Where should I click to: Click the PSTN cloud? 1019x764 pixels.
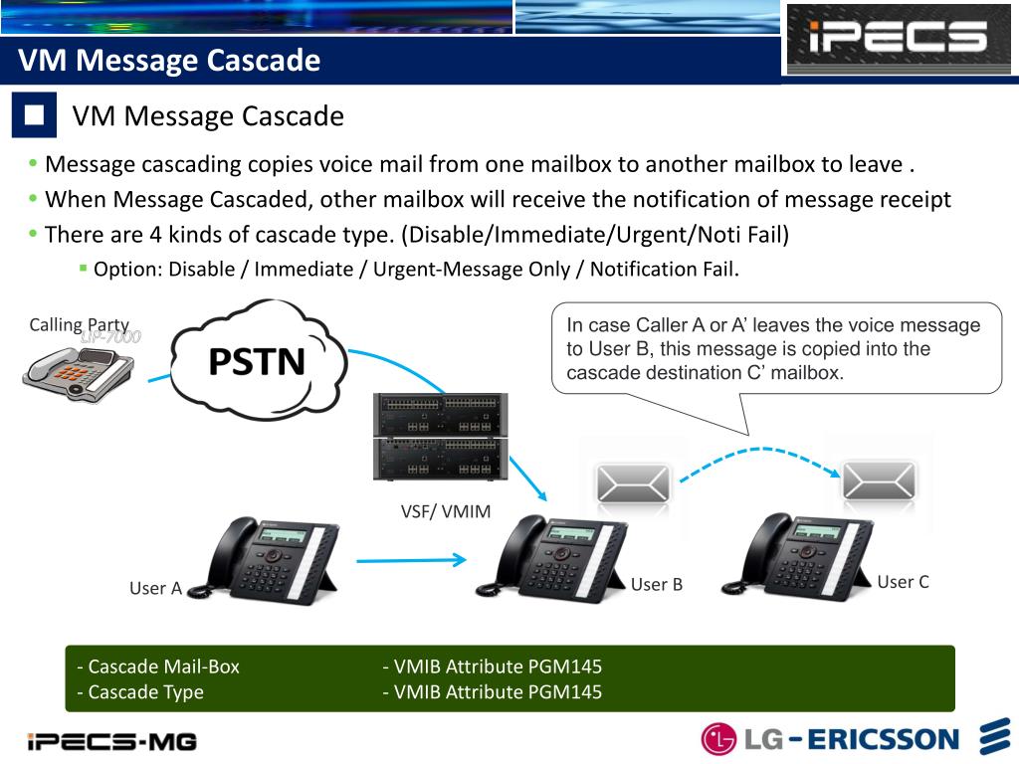point(258,360)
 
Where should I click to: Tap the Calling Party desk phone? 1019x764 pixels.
point(79,376)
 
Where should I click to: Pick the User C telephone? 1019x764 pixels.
point(799,556)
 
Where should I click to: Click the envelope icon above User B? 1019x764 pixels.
point(633,484)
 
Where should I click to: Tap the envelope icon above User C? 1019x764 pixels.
point(879,480)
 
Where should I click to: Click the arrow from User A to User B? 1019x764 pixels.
point(410,560)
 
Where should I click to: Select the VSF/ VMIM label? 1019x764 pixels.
point(446,511)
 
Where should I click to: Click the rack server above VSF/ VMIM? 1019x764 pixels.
point(439,437)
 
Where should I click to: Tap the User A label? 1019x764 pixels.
point(155,588)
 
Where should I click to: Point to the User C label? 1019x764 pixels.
point(903,582)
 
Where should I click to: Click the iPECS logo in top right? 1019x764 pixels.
point(898,39)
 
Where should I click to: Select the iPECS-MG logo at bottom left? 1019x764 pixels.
point(111,741)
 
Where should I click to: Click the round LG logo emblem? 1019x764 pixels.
point(718,739)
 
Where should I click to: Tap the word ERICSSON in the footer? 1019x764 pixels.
point(883,739)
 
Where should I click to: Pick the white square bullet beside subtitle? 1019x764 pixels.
point(35,114)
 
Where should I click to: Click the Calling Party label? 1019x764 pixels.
point(79,324)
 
